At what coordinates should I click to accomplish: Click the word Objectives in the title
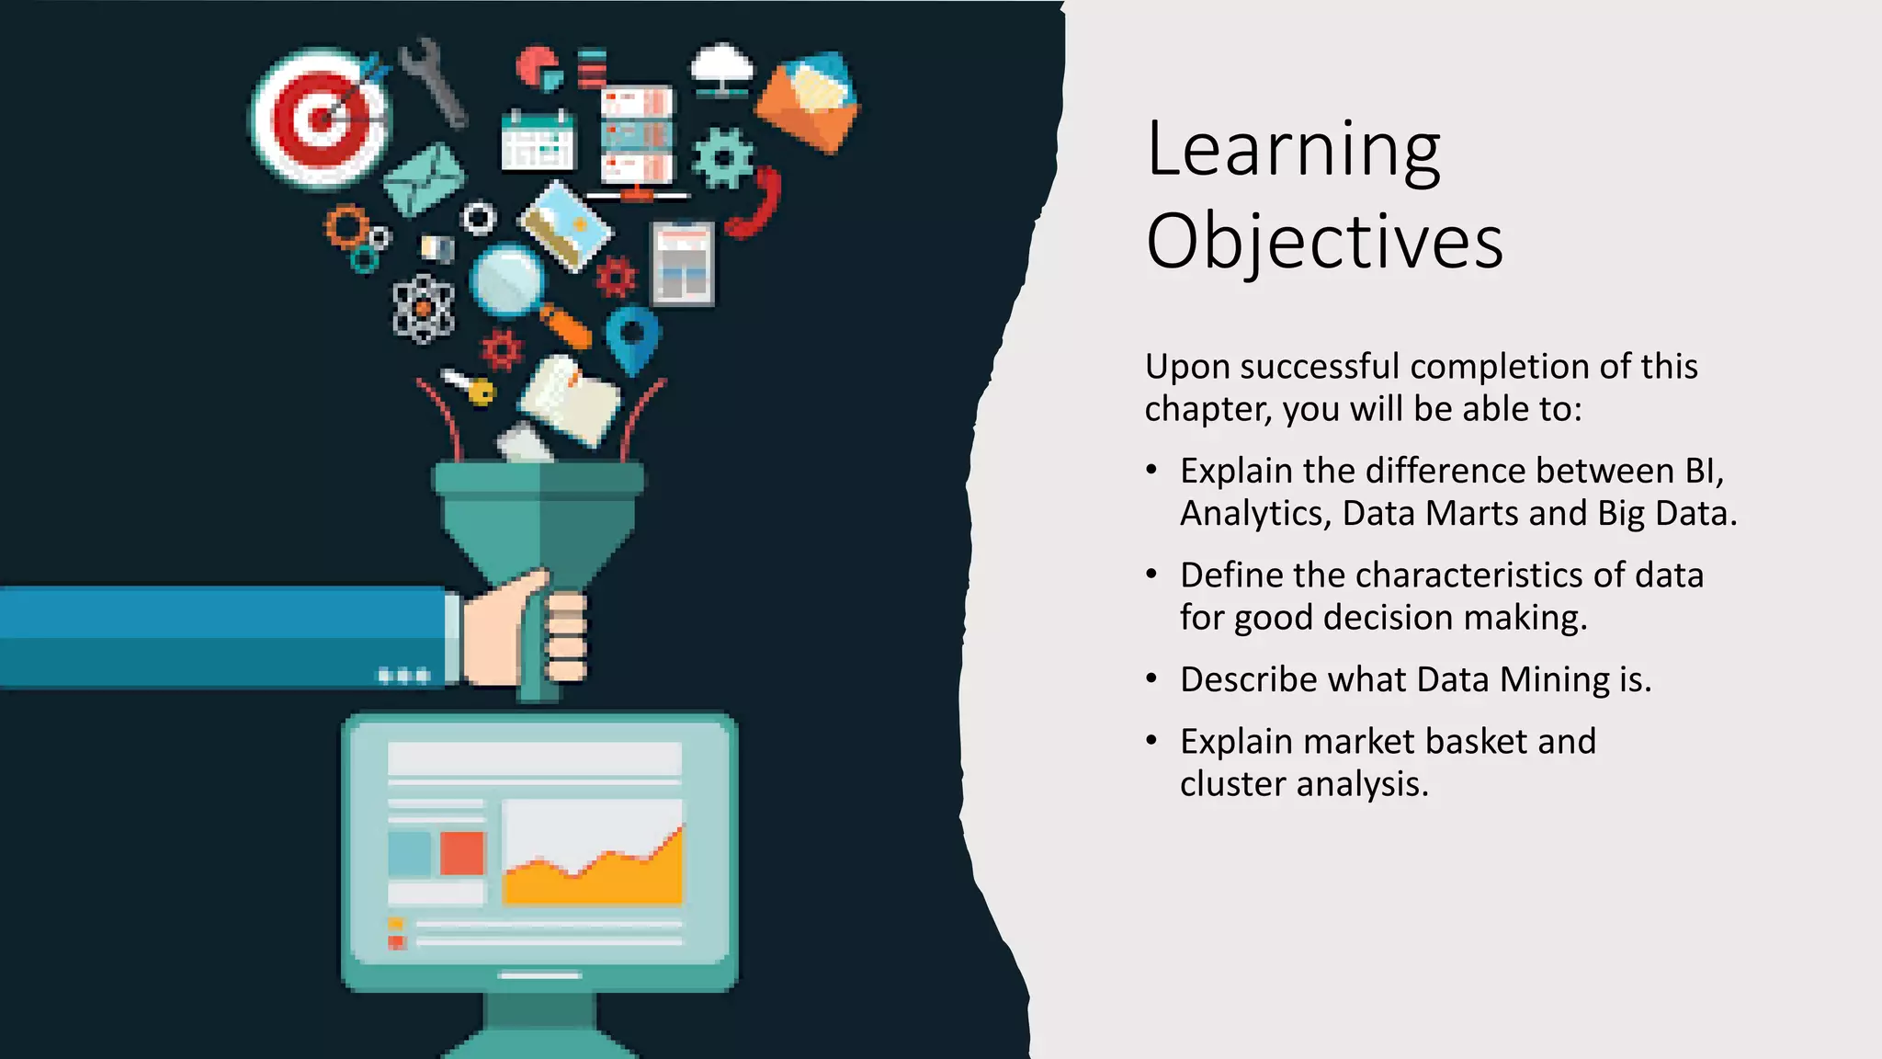[x=1323, y=241]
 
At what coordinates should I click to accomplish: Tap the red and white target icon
[x=320, y=119]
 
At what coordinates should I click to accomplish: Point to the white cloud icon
[x=722, y=67]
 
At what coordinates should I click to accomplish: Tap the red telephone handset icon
[x=755, y=204]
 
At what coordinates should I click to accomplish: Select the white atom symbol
[x=423, y=309]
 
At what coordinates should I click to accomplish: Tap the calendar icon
[x=539, y=142]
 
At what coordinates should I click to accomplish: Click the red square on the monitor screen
[x=461, y=853]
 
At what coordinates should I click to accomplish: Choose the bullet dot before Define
[x=1151, y=575]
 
